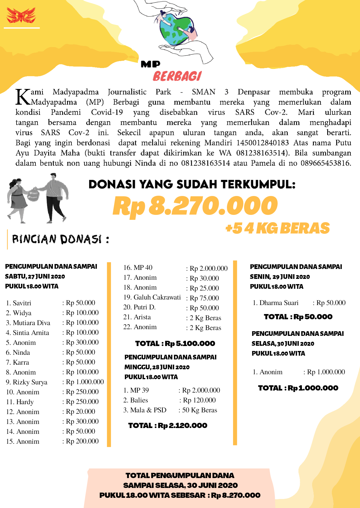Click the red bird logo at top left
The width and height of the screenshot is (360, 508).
[x=21, y=16]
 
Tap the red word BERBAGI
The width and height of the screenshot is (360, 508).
[x=177, y=76]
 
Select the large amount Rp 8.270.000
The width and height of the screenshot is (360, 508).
[x=195, y=206]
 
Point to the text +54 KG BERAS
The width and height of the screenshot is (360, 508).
[x=277, y=228]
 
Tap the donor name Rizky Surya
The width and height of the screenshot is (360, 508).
[x=30, y=382]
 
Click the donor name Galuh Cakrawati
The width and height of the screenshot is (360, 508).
[x=157, y=297]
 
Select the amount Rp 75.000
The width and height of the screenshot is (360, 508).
[x=204, y=298]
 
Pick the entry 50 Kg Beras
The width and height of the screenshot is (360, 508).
[x=200, y=410]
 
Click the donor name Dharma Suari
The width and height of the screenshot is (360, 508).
[x=279, y=303]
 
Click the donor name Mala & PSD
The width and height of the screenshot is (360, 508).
[x=148, y=410]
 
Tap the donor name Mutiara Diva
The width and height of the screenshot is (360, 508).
[x=31, y=323]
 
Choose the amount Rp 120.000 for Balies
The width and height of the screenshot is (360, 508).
[x=199, y=400]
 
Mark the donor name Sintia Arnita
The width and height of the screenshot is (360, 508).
[x=31, y=333]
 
